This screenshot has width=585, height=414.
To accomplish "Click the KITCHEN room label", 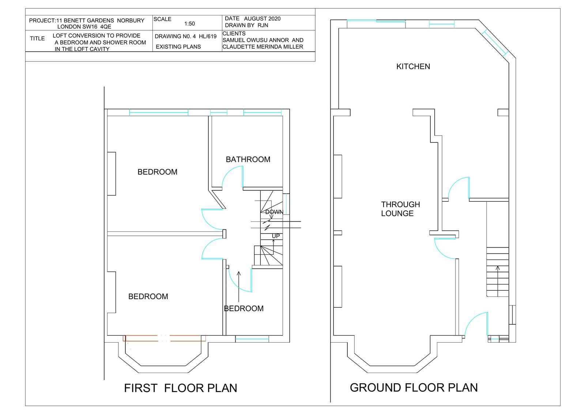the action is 413,66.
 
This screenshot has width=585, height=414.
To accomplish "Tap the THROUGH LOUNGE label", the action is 400,209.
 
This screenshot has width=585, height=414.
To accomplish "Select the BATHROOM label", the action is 248,159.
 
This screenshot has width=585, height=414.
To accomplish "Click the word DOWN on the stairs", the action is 274,212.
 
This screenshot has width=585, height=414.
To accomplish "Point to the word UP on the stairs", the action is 276,236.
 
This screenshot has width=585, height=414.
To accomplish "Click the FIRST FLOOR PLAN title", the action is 181,388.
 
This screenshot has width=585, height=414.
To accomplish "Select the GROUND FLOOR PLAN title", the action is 414,387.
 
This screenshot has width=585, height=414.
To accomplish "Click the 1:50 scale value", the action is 189,24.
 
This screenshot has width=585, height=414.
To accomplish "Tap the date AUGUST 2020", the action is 262,19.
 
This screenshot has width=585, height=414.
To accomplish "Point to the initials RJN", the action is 263,25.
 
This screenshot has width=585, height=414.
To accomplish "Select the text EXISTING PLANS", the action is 178,47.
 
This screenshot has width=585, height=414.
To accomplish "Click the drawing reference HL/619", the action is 208,36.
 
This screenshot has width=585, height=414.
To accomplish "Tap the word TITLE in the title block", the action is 37,38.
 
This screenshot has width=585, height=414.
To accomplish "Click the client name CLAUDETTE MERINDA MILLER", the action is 263,47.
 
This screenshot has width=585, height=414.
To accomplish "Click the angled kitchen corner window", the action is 495,43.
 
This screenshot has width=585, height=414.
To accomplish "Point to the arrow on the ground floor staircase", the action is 498,281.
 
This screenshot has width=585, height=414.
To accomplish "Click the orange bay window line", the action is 164,339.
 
